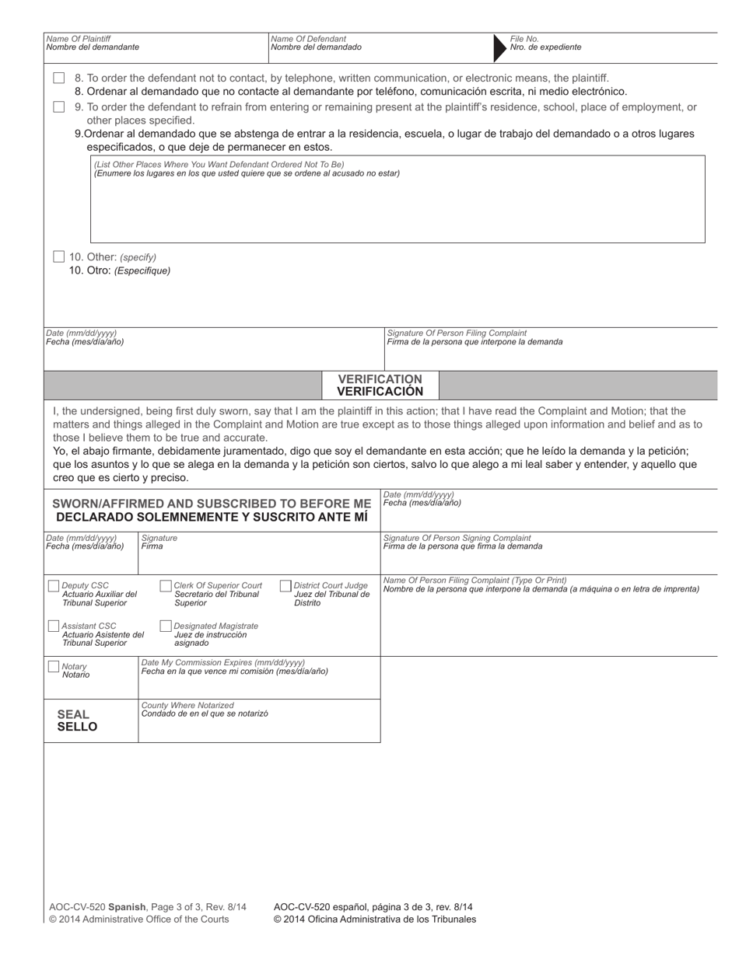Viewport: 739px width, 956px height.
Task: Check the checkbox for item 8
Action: tap(59, 79)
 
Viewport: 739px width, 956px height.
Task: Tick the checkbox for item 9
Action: tap(59, 107)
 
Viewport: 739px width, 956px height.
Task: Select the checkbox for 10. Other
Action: tap(59, 256)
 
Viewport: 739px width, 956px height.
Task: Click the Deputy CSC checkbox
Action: tap(54, 585)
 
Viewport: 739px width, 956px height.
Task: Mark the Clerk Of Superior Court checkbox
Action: tap(166, 585)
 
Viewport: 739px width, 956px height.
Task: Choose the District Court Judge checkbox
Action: tap(285, 585)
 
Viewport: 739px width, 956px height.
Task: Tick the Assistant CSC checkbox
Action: tap(54, 626)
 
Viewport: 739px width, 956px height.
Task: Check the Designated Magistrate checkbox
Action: tap(166, 626)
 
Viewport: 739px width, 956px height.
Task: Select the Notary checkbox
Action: tap(54, 667)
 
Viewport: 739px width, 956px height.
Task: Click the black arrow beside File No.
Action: tap(499, 47)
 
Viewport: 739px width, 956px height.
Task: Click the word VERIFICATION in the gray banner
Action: tap(380, 379)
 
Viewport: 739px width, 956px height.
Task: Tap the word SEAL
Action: tap(73, 714)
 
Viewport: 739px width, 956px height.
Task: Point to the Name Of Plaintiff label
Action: tap(79, 39)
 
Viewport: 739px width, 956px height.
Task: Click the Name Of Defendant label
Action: tap(309, 39)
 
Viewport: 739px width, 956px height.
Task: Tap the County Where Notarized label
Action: tap(187, 705)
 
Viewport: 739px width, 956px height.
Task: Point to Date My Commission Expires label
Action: tap(223, 662)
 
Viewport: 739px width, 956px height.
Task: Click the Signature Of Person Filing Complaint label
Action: tap(457, 333)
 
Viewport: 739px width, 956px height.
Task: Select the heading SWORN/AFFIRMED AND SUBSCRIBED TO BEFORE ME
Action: tap(212, 504)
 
